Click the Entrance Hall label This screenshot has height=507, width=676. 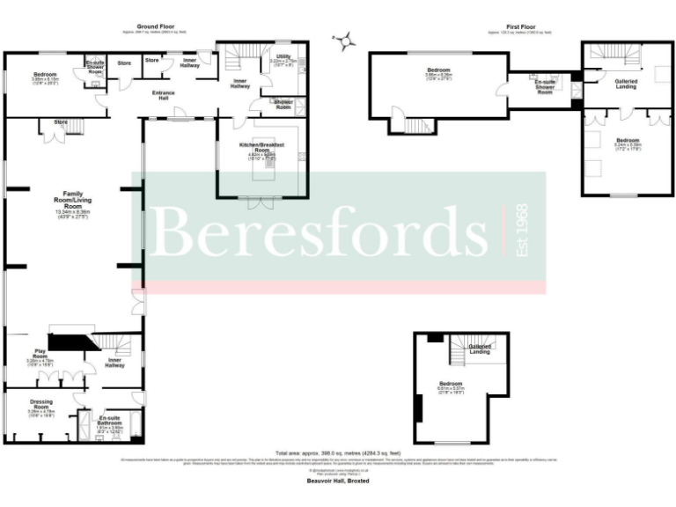pos(164,95)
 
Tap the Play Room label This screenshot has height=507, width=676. pos(40,354)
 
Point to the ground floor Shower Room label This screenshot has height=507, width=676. pos(283,104)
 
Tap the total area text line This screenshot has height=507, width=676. pos(338,452)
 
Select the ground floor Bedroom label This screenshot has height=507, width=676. pos(46,74)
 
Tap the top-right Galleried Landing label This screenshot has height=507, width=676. pos(625,83)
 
